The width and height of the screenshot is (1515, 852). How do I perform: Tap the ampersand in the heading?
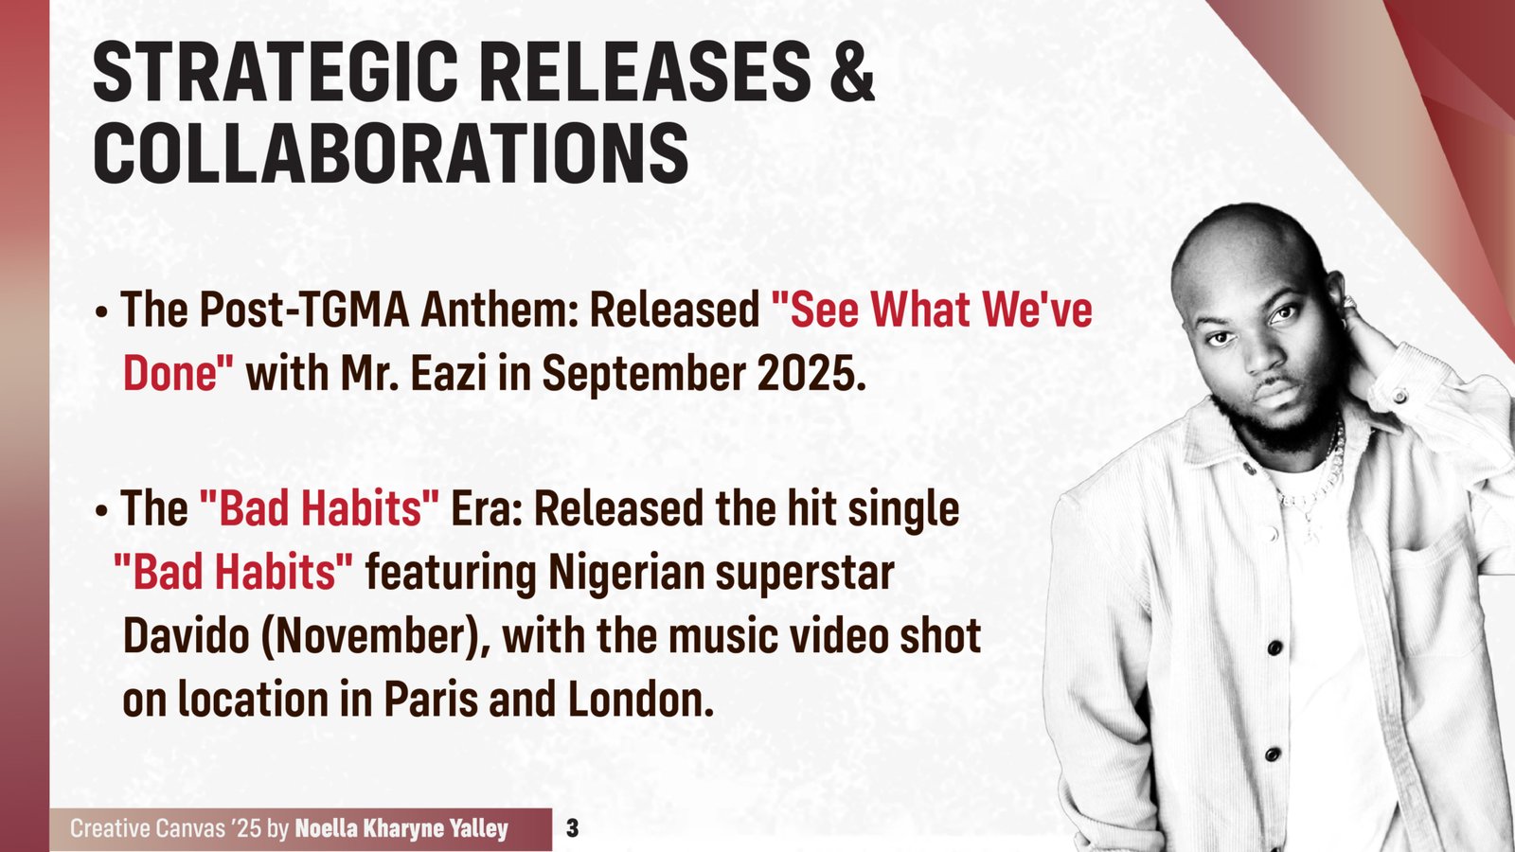[x=850, y=71]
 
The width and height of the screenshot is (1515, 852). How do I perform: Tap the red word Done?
[x=178, y=372]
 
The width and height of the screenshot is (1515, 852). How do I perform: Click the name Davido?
[x=186, y=635]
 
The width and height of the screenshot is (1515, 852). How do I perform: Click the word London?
[x=640, y=700]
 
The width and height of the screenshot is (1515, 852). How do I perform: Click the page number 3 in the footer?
[x=572, y=828]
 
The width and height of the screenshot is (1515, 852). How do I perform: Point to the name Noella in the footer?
[x=328, y=828]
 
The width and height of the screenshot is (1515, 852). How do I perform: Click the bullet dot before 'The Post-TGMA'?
[x=101, y=313]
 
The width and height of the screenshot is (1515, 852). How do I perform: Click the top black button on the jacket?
[x=1274, y=648]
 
